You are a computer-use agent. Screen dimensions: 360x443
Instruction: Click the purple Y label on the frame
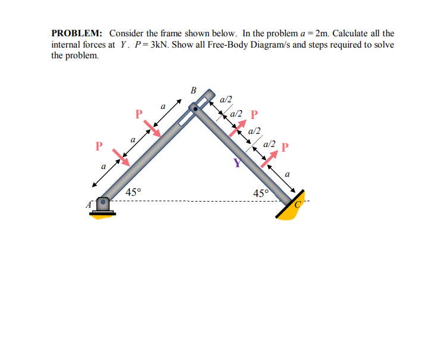238,163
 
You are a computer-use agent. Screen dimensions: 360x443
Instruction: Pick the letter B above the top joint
193,91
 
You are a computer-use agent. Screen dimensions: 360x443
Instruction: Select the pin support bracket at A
104,204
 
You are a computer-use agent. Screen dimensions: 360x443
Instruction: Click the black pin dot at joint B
195,108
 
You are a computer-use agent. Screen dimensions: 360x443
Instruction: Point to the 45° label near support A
134,192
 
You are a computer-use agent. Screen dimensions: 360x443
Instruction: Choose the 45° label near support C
261,193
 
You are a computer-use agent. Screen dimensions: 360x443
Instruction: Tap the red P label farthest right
285,146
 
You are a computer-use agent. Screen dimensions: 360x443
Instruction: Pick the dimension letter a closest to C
287,174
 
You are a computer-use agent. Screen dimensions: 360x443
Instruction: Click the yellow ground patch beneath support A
102,214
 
